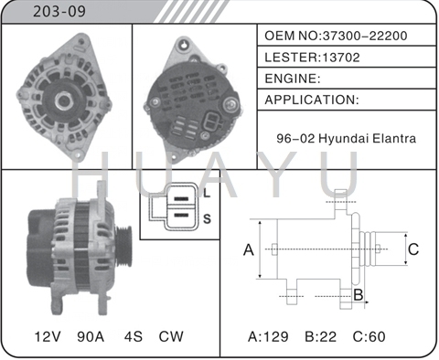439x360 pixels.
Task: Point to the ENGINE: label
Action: (292, 79)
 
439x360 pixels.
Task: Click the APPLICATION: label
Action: (311, 100)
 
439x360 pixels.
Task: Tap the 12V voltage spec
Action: (47, 336)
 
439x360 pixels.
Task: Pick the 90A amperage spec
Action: (91, 336)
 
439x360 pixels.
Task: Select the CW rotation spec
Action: (171, 336)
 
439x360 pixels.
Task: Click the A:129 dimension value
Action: (269, 336)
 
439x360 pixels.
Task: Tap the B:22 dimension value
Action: (325, 336)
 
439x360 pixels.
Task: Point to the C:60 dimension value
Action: (375, 336)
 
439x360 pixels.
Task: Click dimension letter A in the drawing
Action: (247, 249)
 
